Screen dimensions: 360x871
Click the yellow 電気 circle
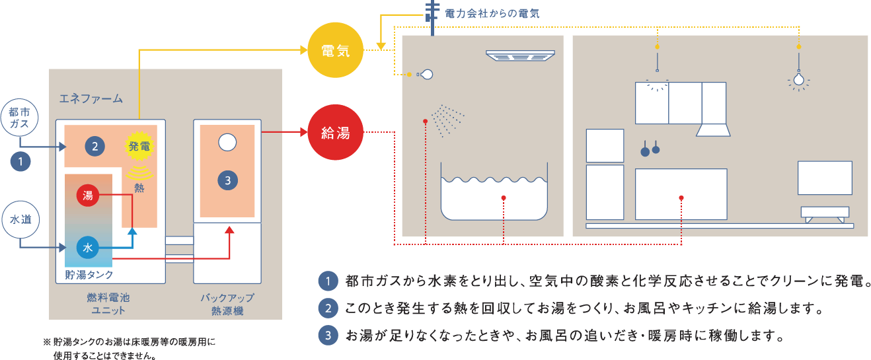coord(336,51)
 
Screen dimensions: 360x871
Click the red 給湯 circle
coord(336,133)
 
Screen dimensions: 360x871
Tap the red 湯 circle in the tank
coord(88,196)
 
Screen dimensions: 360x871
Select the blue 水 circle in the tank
coord(88,248)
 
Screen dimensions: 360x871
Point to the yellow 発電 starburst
coord(139,146)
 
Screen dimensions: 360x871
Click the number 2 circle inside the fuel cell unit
coord(95,147)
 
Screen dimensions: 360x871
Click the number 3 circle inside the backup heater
coord(227,180)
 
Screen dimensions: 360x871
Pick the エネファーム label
coord(91,99)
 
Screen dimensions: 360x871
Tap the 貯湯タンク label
coord(89,274)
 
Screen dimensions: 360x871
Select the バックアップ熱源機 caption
coord(227,303)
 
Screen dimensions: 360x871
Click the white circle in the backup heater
coord(227,141)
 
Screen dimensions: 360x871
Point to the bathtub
coord(494,198)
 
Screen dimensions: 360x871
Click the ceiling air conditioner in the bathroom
coord(519,56)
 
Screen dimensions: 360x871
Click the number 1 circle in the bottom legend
coord(327,281)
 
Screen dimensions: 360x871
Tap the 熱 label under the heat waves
coord(139,189)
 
